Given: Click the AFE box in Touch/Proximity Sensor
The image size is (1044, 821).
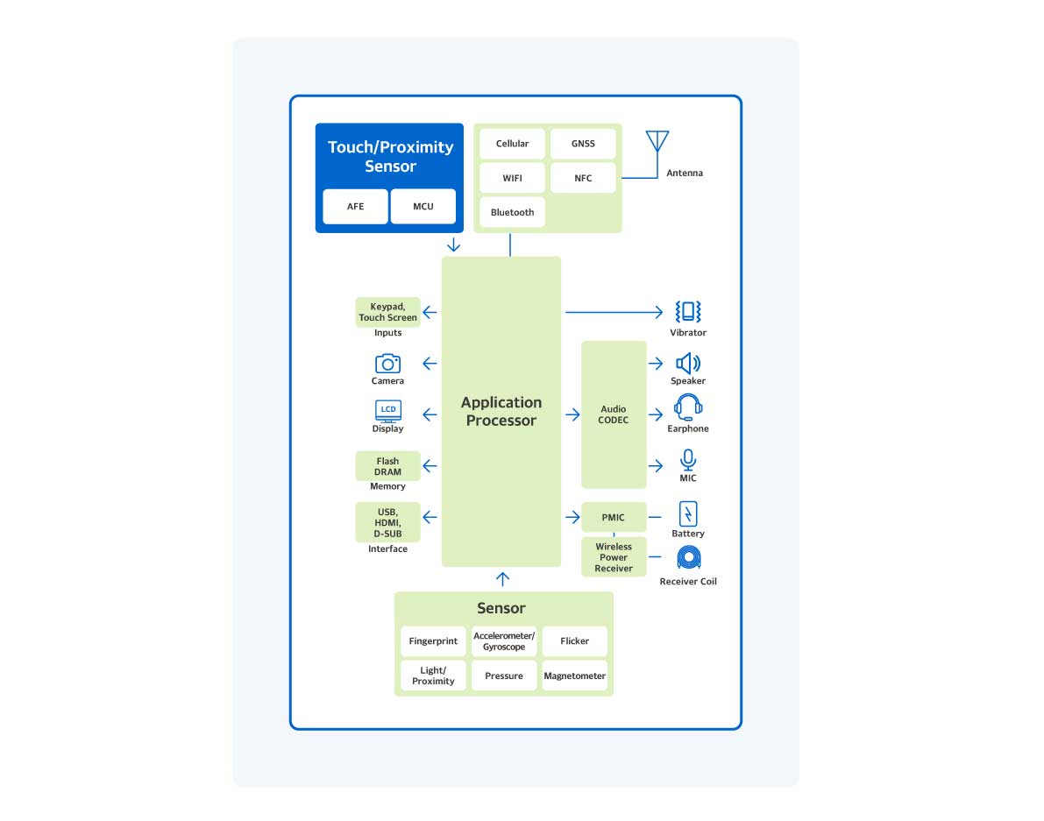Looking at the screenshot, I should (355, 207).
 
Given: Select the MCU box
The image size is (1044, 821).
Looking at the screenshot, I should (423, 207).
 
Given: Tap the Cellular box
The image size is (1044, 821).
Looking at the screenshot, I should (512, 144).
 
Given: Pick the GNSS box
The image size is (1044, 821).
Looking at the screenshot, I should (583, 144).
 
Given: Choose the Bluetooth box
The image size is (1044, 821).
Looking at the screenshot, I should (512, 212).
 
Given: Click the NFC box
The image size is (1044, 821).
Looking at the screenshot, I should (583, 178).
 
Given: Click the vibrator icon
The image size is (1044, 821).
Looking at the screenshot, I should (688, 311).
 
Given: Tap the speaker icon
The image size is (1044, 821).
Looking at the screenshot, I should (688, 363).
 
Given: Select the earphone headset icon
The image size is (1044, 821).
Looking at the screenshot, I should (688, 407).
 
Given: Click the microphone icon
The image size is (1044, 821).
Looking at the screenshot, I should (688, 460).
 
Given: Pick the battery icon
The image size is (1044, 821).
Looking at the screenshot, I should (688, 513).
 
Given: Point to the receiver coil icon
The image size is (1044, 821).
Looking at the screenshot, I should (688, 558).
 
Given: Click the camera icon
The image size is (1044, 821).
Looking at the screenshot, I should (387, 363).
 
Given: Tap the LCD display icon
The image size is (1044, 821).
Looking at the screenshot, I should (387, 411).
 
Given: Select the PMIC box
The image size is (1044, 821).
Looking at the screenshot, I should (614, 517).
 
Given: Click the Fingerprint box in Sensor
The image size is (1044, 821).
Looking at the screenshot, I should (433, 641).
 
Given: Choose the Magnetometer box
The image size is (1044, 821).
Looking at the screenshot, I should (575, 676).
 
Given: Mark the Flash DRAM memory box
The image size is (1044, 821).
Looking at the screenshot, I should (387, 466).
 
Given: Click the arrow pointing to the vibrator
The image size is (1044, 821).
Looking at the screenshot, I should (614, 311).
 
